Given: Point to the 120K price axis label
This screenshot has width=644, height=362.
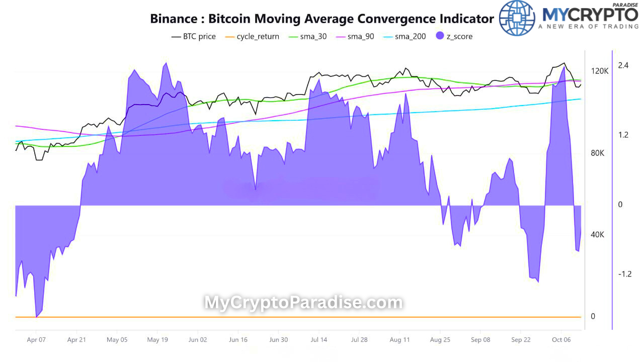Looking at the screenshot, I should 600,71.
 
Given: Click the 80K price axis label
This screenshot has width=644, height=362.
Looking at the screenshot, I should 598,153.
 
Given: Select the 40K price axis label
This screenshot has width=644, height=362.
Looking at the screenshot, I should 598,235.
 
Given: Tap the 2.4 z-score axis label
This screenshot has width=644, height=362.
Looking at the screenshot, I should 623,65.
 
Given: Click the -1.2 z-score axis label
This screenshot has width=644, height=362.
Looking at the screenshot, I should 624,274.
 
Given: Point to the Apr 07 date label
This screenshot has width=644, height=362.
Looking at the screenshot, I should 36,340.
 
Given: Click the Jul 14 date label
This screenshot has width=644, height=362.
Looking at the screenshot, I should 319,340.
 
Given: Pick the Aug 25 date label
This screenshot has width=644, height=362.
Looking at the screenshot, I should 440,340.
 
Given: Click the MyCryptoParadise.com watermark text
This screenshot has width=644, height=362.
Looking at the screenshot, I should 303,303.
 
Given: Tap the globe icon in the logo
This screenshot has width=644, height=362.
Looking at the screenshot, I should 517,18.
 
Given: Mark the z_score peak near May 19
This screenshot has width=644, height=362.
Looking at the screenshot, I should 165,63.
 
